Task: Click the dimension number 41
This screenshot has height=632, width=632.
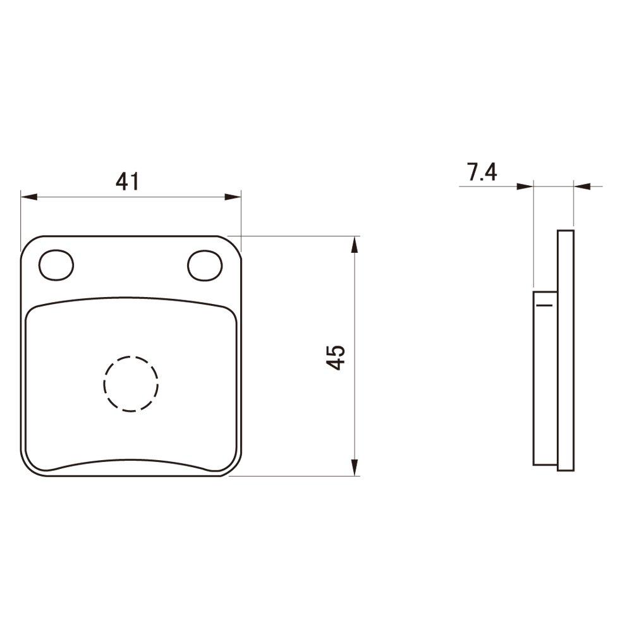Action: pyautogui.click(x=127, y=182)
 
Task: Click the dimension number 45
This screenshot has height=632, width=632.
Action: pyautogui.click(x=336, y=357)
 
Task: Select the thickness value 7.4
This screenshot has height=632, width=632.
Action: pyautogui.click(x=482, y=173)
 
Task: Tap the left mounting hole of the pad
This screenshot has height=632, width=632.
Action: pyautogui.click(x=56, y=265)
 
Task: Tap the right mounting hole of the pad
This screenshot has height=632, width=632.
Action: pyautogui.click(x=205, y=265)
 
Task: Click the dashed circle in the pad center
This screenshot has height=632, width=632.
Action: pyautogui.click(x=131, y=383)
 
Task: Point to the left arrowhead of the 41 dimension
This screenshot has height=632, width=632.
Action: pyautogui.click(x=28, y=197)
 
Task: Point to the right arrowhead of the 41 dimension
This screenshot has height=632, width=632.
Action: pyautogui.click(x=233, y=197)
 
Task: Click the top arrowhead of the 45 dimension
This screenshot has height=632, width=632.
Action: pyautogui.click(x=355, y=245)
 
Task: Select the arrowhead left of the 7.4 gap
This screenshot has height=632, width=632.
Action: pyautogui.click(x=525, y=186)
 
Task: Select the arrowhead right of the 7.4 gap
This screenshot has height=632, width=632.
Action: pyautogui.click(x=582, y=186)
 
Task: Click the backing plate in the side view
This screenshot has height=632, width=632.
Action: pyautogui.click(x=566, y=351)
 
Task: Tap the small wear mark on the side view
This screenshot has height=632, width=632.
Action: pyautogui.click(x=544, y=305)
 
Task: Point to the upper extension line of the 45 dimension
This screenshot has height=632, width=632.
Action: pyautogui.click(x=297, y=236)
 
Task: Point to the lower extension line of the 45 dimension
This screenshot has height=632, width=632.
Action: pyautogui.click(x=297, y=476)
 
